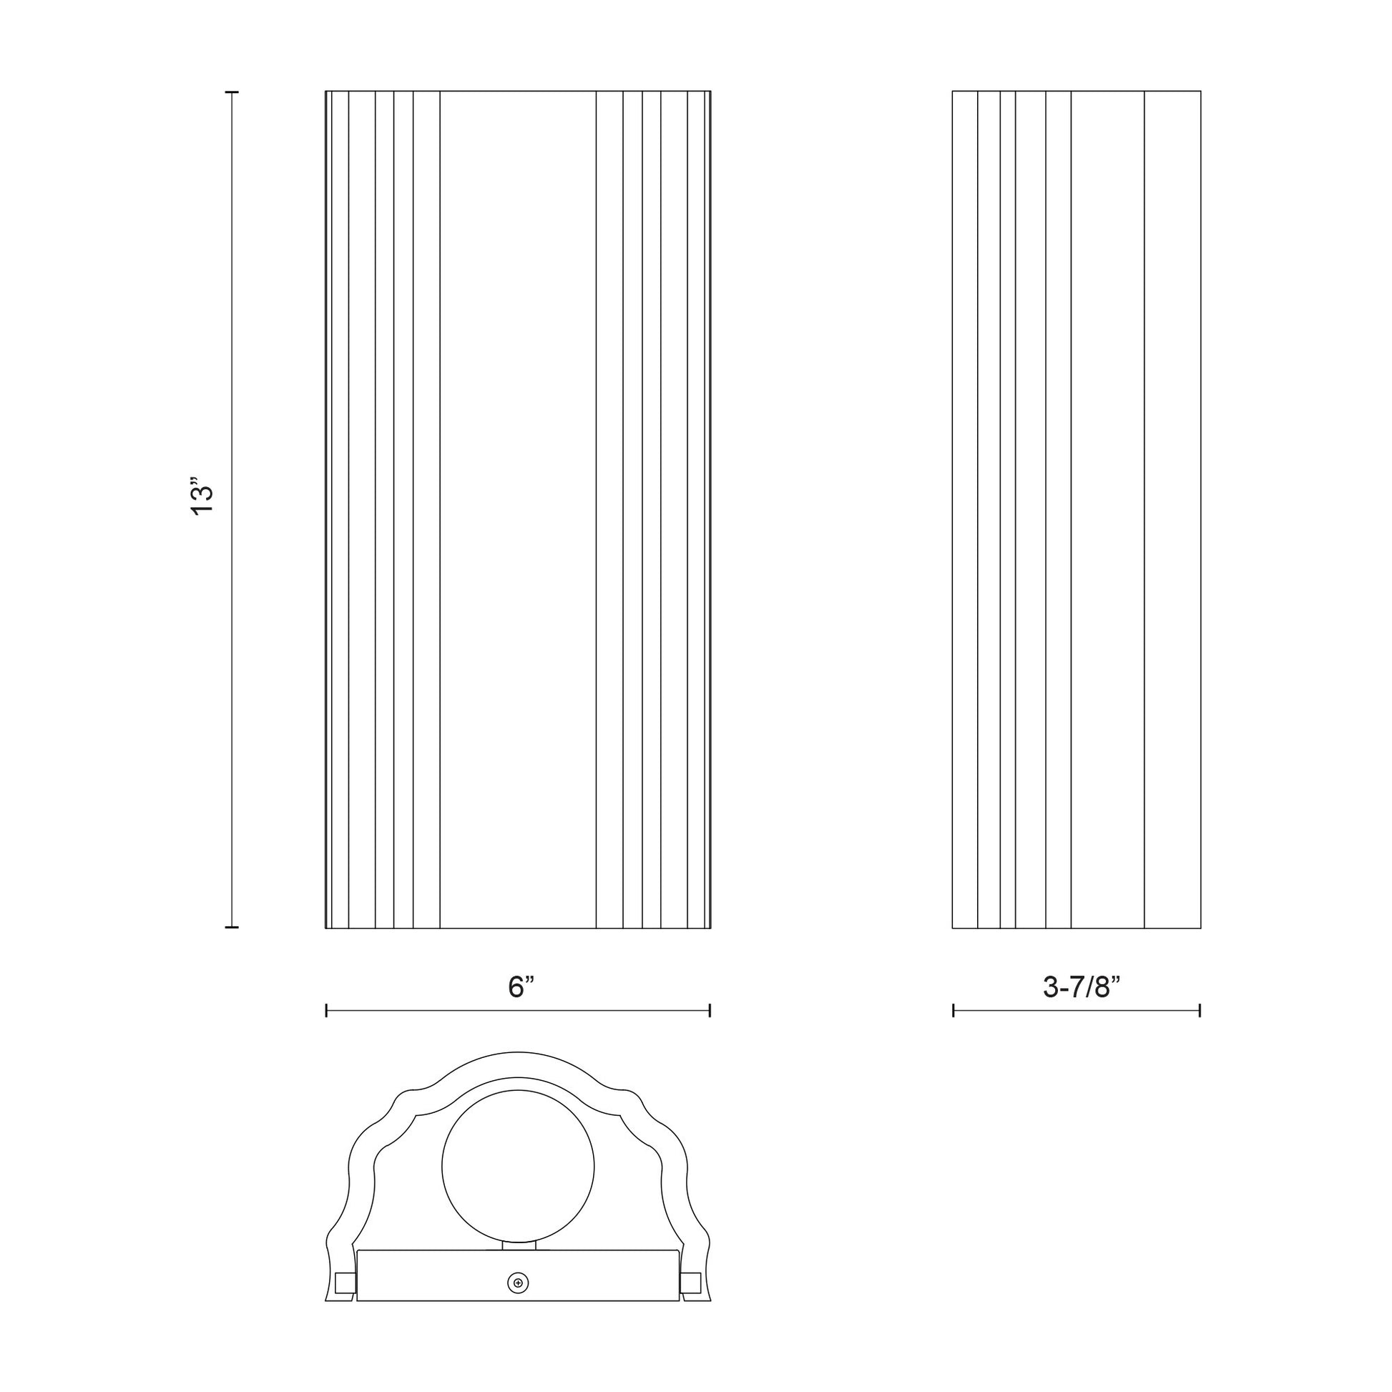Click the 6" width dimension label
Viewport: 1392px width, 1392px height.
pyautogui.click(x=521, y=987)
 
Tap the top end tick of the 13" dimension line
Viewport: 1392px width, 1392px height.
pyautogui.click(x=232, y=93)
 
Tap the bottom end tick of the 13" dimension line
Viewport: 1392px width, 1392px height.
pyautogui.click(x=232, y=927)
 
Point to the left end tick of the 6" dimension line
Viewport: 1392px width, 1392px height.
pyautogui.click(x=327, y=1010)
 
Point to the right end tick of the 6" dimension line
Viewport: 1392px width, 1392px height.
pyautogui.click(x=710, y=1010)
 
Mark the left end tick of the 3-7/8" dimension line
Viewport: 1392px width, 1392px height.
pyautogui.click(x=954, y=1010)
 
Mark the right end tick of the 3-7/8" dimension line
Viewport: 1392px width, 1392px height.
pyautogui.click(x=1200, y=1010)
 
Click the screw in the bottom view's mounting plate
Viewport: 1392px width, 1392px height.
pyautogui.click(x=518, y=1283)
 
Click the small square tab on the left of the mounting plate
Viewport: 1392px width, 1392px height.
pyautogui.click(x=345, y=1283)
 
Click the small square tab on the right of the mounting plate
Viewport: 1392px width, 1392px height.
pyautogui.click(x=690, y=1283)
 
